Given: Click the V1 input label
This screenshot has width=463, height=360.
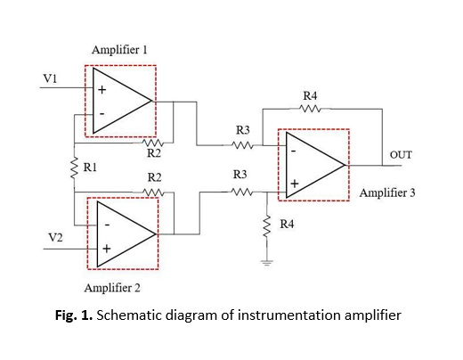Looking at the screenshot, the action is pyautogui.click(x=50, y=78).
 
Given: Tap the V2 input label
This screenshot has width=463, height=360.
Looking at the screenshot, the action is pyautogui.click(x=55, y=238).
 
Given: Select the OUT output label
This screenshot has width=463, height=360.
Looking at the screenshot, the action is pyautogui.click(x=401, y=155).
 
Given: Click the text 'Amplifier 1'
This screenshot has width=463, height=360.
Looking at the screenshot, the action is pyautogui.click(x=119, y=50).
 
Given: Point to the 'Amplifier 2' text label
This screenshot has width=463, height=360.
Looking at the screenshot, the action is pyautogui.click(x=112, y=288).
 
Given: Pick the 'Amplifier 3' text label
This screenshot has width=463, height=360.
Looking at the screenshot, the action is pyautogui.click(x=387, y=192).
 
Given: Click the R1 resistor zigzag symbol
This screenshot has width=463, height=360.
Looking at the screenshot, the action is pyautogui.click(x=74, y=168).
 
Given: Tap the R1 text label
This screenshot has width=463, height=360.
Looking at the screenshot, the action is pyautogui.click(x=90, y=168).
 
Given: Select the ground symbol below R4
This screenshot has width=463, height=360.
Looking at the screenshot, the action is pyautogui.click(x=267, y=263).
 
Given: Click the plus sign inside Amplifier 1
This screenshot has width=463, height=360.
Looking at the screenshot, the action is pyautogui.click(x=102, y=89).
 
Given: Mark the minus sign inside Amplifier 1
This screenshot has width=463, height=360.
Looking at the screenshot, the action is pyautogui.click(x=102, y=114).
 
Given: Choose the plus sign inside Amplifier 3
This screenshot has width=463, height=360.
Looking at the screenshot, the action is pyautogui.click(x=295, y=184).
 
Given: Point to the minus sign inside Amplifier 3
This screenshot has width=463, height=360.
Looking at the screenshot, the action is pyautogui.click(x=294, y=151).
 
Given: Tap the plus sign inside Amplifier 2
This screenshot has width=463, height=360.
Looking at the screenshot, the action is pyautogui.click(x=107, y=249).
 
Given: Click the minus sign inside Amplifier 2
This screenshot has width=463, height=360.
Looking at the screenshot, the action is pyautogui.click(x=107, y=225).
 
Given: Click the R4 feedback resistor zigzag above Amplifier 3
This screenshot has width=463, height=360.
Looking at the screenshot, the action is pyautogui.click(x=310, y=109).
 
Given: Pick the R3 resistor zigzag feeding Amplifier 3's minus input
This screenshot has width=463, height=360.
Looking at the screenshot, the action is pyautogui.click(x=242, y=145).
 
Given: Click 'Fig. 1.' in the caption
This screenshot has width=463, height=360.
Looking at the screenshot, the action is pyautogui.click(x=74, y=315).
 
